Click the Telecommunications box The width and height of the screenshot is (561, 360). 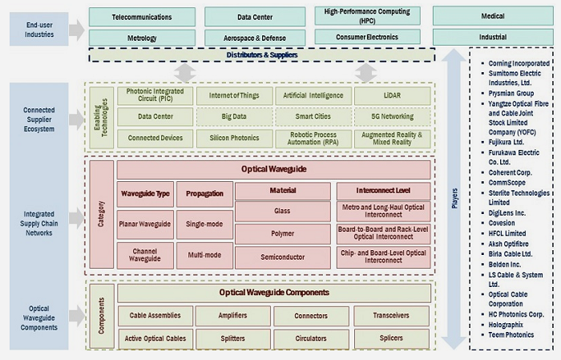coord(142,16)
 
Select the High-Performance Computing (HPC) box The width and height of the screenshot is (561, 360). coord(367,15)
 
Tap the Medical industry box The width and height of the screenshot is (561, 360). coord(493,16)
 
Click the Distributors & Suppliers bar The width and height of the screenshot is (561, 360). coord(262,55)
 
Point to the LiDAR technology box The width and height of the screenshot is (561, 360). coord(393,95)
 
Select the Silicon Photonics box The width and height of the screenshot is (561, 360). coord(233,138)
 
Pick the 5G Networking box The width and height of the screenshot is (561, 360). coord(393,116)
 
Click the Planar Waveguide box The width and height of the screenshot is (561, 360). coord(145,224)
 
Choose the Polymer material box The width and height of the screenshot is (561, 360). coord(281,234)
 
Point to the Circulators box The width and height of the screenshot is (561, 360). coord(311,338)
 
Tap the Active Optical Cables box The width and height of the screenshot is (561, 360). coord(155,338)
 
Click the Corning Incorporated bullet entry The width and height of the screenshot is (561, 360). coord(519,63)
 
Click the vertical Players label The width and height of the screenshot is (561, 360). coord(454,196)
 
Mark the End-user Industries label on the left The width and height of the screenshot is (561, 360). coord(38,29)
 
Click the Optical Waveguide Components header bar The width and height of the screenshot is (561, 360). coord(274,292)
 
